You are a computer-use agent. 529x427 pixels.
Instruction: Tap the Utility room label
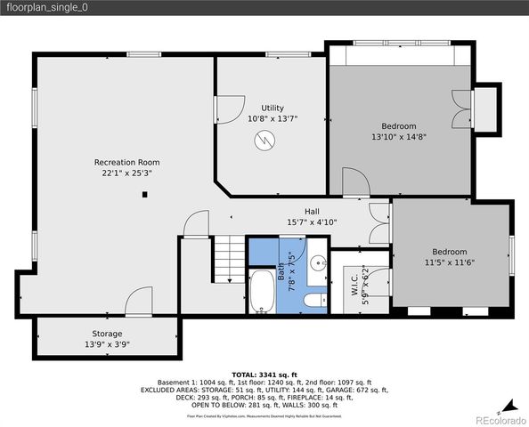coord(273,108)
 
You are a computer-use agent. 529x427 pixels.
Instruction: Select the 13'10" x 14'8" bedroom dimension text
coord(398,137)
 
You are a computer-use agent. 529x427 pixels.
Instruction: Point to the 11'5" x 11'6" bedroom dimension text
coord(449,262)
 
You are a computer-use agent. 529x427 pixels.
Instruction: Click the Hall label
coord(312,211)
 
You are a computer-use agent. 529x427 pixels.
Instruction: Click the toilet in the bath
coord(315,301)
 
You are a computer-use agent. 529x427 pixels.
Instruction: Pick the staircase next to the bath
coord(229,259)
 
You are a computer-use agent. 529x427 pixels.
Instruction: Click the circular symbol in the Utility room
coord(264,140)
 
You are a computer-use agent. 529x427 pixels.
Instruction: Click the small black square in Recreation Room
coord(142,198)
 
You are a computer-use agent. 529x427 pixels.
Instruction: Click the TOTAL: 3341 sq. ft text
coord(264,375)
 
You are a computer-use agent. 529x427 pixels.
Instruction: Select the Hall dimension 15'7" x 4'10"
coord(312,222)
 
